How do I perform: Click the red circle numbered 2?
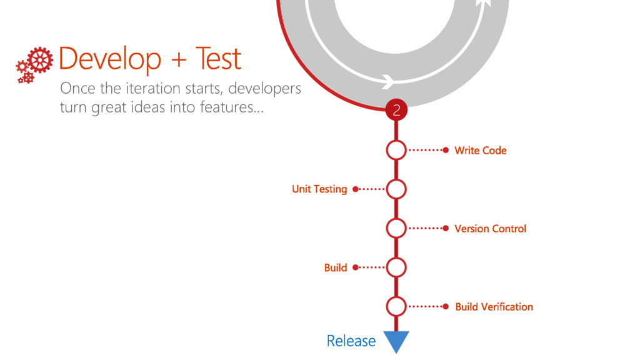click(x=396, y=111)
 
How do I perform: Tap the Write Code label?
click(x=480, y=151)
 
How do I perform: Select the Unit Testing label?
click(x=319, y=189)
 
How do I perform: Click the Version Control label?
click(x=490, y=229)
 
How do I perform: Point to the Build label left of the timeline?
click(x=336, y=267)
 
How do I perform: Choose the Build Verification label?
click(x=494, y=307)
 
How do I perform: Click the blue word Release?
click(x=351, y=341)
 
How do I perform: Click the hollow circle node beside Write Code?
click(x=396, y=150)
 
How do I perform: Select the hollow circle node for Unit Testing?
click(x=396, y=189)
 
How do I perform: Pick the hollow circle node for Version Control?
click(x=396, y=228)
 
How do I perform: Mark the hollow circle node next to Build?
click(x=396, y=267)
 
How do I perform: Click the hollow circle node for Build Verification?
click(x=396, y=306)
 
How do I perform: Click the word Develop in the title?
click(x=109, y=60)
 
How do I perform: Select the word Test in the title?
click(x=217, y=59)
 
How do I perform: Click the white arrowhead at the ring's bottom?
click(x=387, y=81)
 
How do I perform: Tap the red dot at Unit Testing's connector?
click(x=355, y=189)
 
